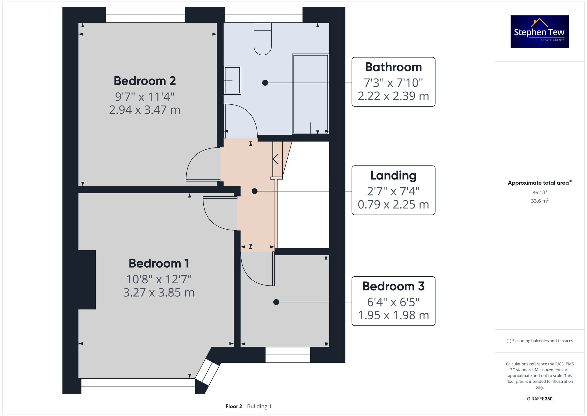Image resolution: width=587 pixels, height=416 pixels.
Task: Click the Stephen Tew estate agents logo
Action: click(539, 32)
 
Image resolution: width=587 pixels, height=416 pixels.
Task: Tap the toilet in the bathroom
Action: click(263, 40)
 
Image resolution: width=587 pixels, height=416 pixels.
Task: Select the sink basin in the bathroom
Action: click(232, 80)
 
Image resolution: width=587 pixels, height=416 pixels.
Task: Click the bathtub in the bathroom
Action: click(311, 94)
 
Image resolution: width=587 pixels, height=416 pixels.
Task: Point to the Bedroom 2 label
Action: click(145, 81)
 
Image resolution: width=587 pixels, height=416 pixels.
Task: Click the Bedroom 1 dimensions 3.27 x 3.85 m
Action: click(158, 293)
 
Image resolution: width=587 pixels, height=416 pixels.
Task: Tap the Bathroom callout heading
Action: click(393, 67)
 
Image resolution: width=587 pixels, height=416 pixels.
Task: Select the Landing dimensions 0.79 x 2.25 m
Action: click(393, 204)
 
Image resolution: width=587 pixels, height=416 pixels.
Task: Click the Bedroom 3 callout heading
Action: click(393, 286)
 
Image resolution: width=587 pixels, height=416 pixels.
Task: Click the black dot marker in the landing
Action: click(255, 191)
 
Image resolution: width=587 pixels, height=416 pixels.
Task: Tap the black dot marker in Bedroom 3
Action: click(276, 302)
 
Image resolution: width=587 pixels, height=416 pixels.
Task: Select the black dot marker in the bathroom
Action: click(265, 83)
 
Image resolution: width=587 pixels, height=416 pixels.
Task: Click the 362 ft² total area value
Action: click(539, 193)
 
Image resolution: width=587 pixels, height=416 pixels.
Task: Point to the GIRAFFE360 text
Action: click(539, 399)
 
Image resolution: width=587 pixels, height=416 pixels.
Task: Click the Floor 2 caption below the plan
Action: click(234, 406)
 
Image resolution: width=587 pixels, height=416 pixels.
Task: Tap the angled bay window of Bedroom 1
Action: click(208, 372)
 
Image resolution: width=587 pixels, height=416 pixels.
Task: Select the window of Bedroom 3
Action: click(288, 355)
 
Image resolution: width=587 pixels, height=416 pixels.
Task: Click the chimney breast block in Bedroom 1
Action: click(87, 279)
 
